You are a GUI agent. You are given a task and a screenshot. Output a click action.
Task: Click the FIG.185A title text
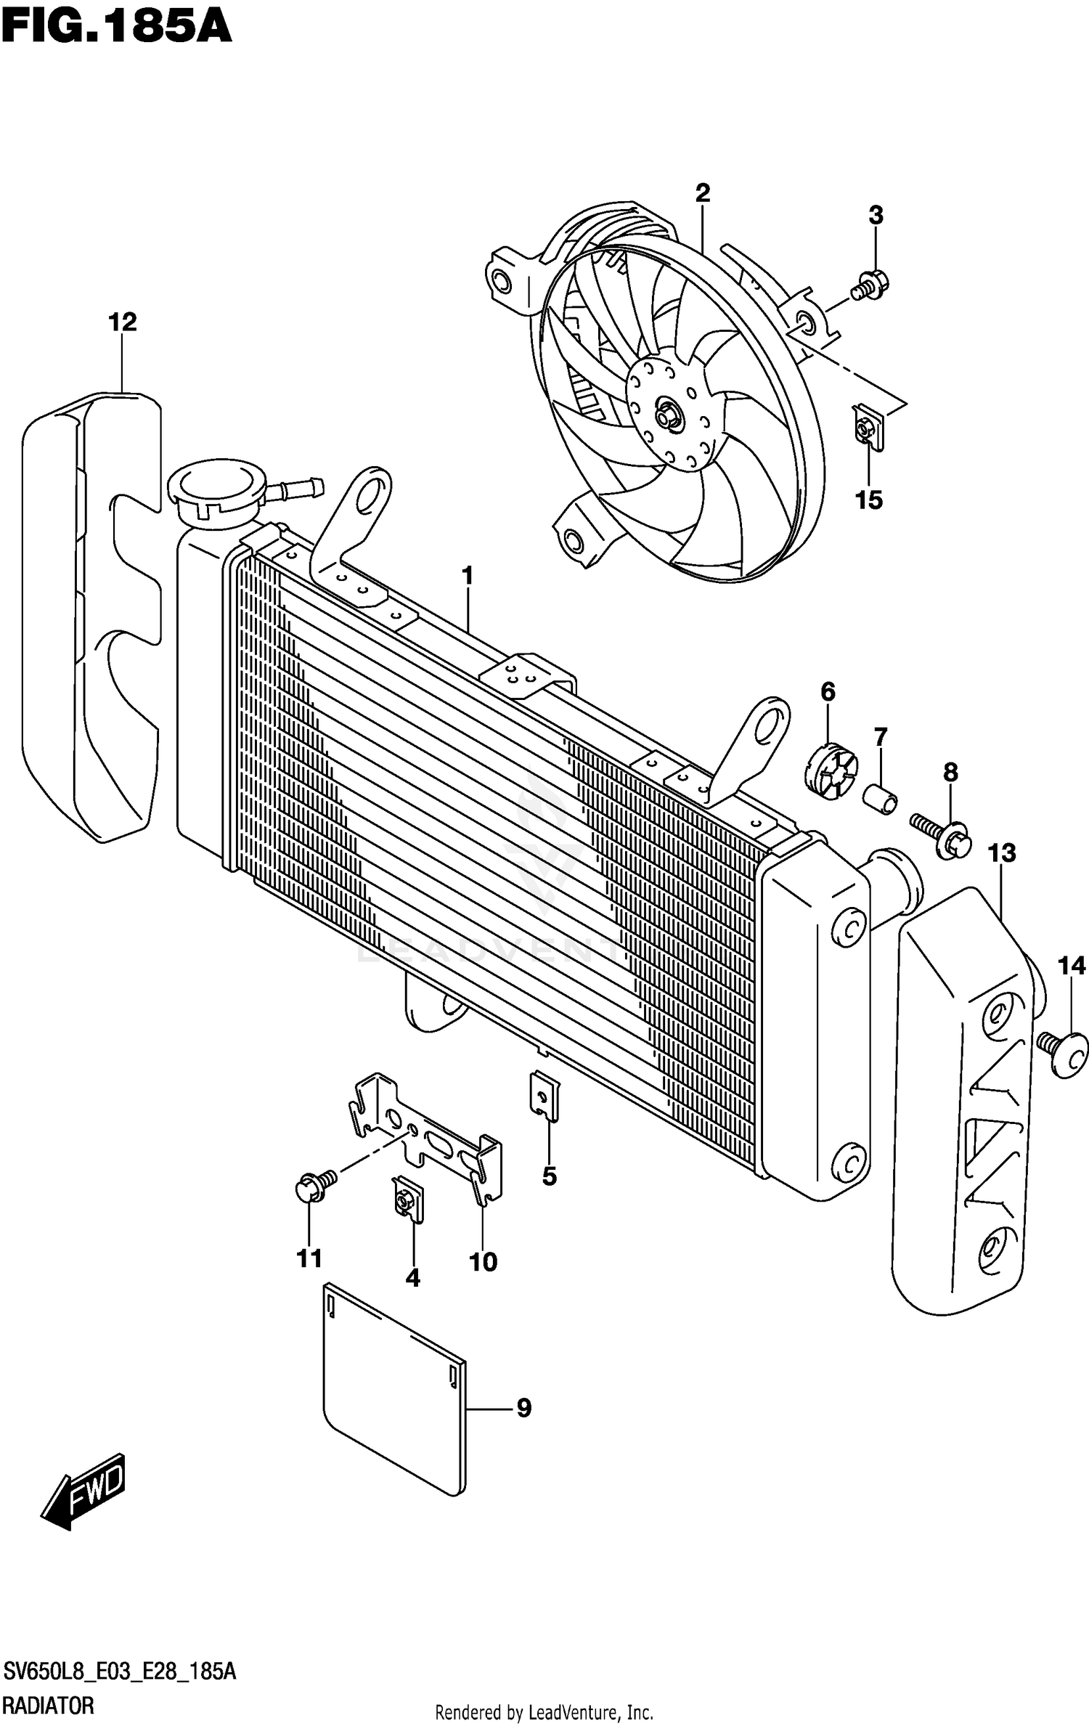[x=116, y=28]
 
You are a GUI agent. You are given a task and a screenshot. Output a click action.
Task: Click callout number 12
[x=123, y=322]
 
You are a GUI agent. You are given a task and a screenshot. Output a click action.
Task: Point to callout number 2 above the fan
[x=702, y=192]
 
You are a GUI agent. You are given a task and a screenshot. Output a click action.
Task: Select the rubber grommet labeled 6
[x=832, y=770]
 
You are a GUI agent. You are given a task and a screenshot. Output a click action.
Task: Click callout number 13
[x=1002, y=852]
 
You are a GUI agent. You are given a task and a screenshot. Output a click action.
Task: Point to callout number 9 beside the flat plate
[x=523, y=1408]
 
